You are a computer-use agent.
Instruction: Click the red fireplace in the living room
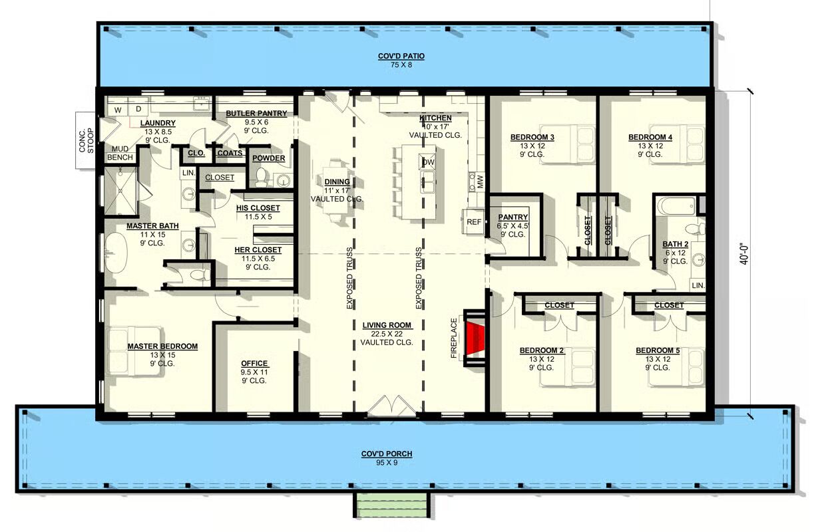[475, 338]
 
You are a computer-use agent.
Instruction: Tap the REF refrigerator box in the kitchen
[473, 221]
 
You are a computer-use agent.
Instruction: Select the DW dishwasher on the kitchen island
[427, 162]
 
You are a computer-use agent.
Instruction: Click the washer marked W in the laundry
[118, 110]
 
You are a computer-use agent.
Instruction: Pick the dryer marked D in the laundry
[138, 108]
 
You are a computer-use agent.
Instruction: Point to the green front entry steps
[391, 505]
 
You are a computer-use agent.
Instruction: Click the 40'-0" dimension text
[743, 254]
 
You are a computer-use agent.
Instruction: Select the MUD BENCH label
[120, 153]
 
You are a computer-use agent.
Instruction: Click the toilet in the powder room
[261, 178]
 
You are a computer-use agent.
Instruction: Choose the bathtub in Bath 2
[676, 206]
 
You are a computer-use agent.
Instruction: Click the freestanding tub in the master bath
[116, 253]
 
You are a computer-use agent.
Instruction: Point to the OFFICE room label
[254, 363]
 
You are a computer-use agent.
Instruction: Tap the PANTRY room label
[513, 217]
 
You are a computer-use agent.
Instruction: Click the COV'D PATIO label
[401, 56]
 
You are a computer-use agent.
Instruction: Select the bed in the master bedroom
[133, 351]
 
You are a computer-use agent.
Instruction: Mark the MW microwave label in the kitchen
[481, 182]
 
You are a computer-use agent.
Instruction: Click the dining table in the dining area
[336, 190]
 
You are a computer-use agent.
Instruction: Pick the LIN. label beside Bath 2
[698, 285]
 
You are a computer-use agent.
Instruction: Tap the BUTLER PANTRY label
[256, 113]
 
